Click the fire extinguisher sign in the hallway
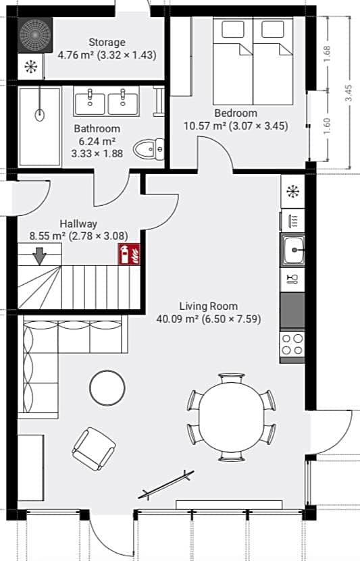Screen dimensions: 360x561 click(x=129, y=255)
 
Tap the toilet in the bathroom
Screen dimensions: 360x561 click(x=149, y=149)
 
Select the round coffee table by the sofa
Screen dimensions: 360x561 click(x=107, y=388)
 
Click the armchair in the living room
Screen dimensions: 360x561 click(x=94, y=449)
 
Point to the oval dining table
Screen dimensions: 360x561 click(x=232, y=417)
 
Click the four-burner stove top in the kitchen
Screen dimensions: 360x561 click(x=292, y=344)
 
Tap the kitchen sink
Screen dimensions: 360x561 click(x=292, y=250)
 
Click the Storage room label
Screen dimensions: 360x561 click(x=107, y=43)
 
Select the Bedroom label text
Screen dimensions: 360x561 click(x=236, y=113)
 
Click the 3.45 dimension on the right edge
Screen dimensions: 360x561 click(x=349, y=93)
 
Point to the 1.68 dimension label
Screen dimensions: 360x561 click(x=327, y=53)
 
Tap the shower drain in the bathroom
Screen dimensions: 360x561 click(x=40, y=115)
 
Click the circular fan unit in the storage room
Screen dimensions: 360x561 click(x=35, y=35)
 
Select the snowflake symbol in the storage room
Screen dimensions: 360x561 click(x=31, y=67)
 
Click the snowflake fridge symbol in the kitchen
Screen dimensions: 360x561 click(x=293, y=192)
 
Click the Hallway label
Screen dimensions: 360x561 click(x=78, y=224)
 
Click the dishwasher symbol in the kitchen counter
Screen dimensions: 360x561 click(x=293, y=219)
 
